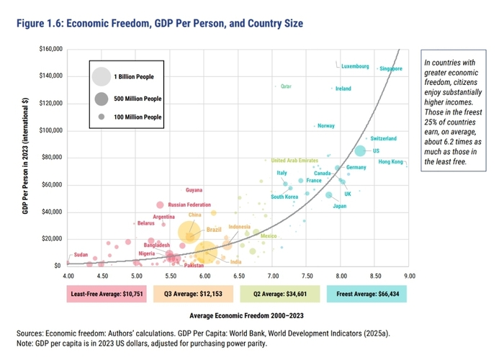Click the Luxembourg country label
click(355, 66)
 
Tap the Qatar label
click(285, 86)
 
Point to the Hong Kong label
click(391, 162)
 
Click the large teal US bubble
click(360, 150)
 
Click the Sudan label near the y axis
click(81, 255)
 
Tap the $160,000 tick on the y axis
click(50, 49)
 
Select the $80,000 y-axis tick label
click(51, 158)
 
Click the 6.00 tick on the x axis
click(205, 276)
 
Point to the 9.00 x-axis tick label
click(410, 276)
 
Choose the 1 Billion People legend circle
click(102, 76)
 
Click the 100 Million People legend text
click(138, 117)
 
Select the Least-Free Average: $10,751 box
click(106, 294)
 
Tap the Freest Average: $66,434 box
click(366, 294)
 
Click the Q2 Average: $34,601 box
click(280, 294)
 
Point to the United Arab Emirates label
click(293, 161)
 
